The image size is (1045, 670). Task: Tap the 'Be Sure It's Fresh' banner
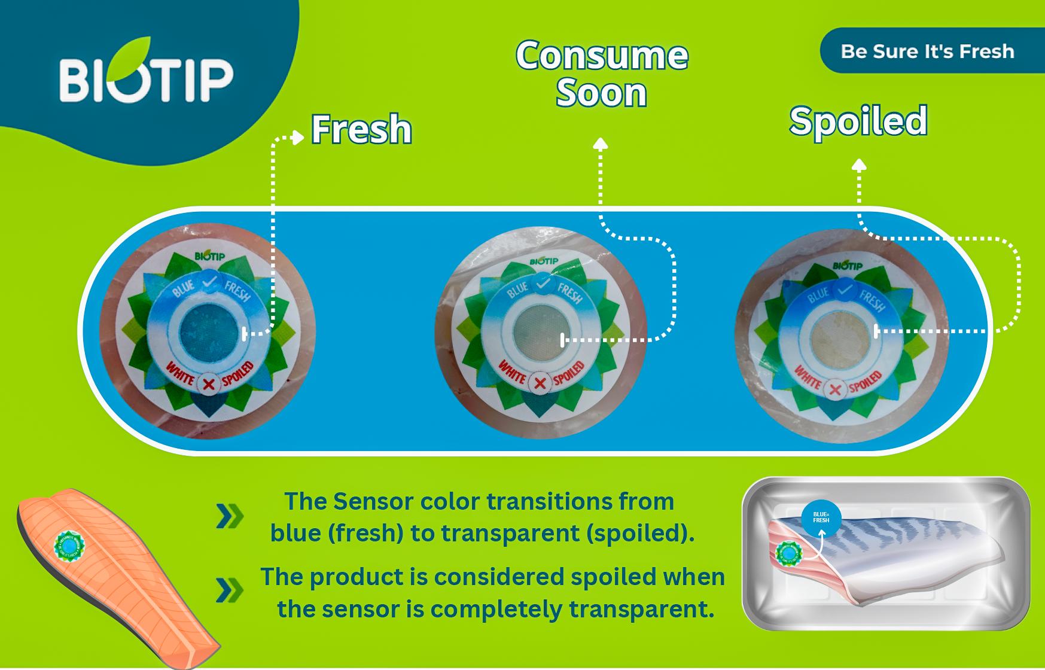point(927,51)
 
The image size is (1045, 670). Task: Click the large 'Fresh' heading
point(362,129)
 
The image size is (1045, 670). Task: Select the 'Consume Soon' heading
point(602,74)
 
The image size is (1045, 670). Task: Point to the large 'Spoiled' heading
point(858,121)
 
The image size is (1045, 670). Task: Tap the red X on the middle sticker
point(540,383)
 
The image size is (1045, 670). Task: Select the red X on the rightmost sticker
point(836,391)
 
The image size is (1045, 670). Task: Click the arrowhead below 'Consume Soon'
point(601,144)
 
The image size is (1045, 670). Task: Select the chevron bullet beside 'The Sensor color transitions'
point(230,516)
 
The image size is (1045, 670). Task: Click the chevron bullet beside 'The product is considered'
point(230,590)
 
